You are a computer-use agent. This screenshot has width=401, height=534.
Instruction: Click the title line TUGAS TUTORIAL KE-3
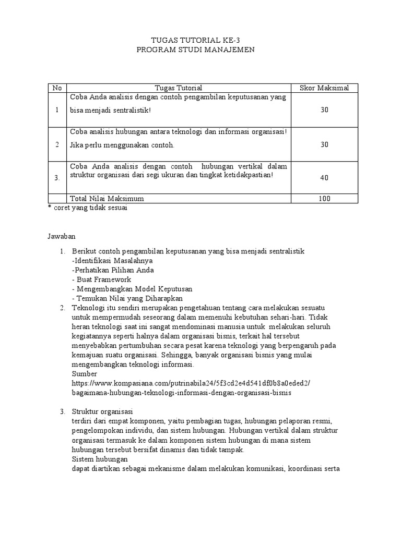196,40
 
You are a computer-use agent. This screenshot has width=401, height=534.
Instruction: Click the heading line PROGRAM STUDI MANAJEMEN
196,50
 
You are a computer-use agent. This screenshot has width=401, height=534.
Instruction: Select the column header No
57,88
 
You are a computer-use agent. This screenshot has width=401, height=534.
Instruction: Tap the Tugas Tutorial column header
179,88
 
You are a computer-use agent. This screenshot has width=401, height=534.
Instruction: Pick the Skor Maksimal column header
324,88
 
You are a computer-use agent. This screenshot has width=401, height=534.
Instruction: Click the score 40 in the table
324,178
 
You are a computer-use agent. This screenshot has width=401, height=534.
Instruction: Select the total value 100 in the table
324,199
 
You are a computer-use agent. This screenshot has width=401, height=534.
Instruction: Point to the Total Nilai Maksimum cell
107,199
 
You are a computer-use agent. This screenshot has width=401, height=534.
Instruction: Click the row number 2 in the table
57,144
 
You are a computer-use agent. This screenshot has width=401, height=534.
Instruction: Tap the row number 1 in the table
57,110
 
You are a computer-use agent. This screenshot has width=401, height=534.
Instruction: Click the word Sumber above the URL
85,374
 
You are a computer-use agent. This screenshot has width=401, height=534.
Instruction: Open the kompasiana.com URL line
191,383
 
